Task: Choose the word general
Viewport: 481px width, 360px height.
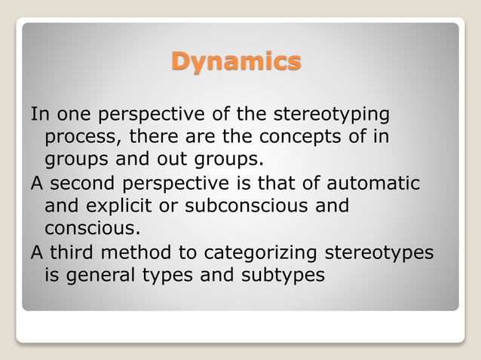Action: pyautogui.click(x=100, y=275)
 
